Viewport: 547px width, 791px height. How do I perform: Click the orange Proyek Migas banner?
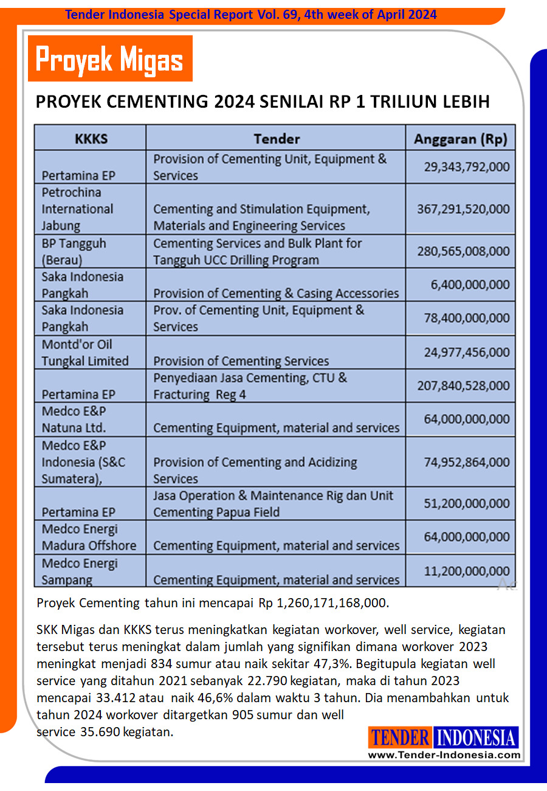110,59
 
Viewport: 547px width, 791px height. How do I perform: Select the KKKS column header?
91,138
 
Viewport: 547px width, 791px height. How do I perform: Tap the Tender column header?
276,138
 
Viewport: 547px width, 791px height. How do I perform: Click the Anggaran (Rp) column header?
460,138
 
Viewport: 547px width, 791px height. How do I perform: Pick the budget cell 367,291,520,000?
463,209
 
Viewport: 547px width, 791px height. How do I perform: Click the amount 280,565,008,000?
463,251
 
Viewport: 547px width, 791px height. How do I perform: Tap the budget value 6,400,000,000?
470,284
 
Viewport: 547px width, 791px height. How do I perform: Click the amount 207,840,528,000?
463,385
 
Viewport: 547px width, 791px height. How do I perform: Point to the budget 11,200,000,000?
466,571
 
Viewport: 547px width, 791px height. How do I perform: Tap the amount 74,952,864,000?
466,462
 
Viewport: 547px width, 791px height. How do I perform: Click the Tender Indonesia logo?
444,737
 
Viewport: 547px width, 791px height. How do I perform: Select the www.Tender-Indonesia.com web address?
444,755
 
